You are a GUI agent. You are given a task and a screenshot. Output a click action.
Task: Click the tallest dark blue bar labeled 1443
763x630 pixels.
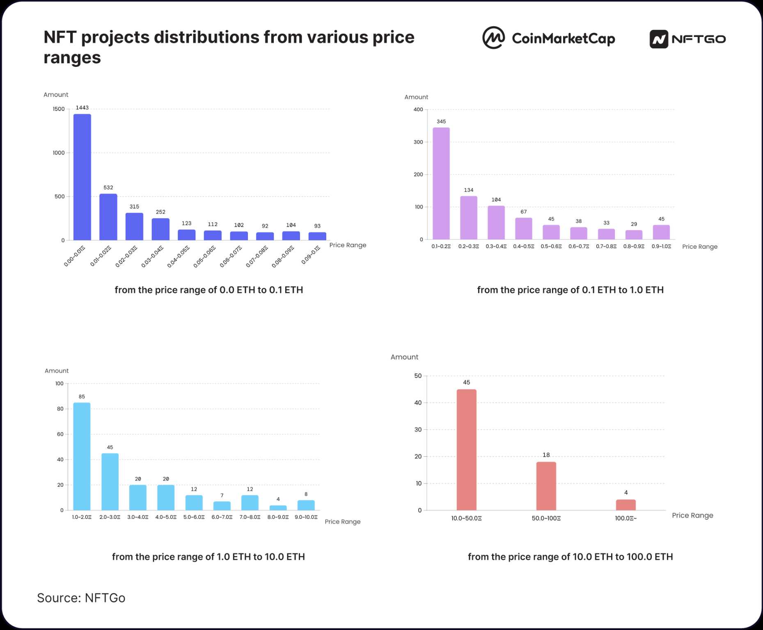click(x=82, y=177)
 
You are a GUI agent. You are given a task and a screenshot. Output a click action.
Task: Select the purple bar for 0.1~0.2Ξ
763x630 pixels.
click(x=441, y=183)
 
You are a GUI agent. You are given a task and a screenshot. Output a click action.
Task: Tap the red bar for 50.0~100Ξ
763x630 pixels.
click(x=546, y=486)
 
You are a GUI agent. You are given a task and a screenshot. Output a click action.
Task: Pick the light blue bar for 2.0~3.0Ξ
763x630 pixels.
click(x=110, y=482)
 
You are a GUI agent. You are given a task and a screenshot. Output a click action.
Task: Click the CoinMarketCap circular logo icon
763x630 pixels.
click(x=493, y=38)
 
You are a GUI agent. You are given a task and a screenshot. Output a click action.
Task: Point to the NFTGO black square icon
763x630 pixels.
click(x=659, y=39)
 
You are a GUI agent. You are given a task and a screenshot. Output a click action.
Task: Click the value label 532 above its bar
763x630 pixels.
click(x=108, y=188)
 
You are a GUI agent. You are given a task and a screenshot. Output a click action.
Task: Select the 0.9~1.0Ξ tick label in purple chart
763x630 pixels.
click(x=661, y=247)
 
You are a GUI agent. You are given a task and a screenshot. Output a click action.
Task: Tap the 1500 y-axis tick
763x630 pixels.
click(x=59, y=109)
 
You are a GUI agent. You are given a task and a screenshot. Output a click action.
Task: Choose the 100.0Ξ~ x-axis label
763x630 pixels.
click(x=626, y=518)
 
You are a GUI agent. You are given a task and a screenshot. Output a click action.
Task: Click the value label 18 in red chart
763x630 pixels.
click(x=546, y=455)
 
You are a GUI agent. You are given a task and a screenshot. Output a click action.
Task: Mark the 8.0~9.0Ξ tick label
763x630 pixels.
click(x=278, y=517)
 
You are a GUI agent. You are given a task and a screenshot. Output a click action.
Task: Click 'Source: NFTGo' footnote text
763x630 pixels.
click(x=81, y=598)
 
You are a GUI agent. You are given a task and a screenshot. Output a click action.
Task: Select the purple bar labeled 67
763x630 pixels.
click(x=524, y=229)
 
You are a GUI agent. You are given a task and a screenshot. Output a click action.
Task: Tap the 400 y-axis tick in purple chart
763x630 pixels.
click(x=418, y=110)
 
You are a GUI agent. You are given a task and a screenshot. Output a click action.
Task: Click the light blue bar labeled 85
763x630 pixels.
click(x=82, y=456)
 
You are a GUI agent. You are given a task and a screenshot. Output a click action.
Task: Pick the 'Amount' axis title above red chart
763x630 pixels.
click(x=404, y=357)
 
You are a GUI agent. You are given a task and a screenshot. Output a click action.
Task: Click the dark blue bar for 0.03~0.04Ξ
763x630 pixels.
click(x=160, y=229)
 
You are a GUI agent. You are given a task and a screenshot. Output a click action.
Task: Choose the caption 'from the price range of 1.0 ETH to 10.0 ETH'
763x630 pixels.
click(x=209, y=557)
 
